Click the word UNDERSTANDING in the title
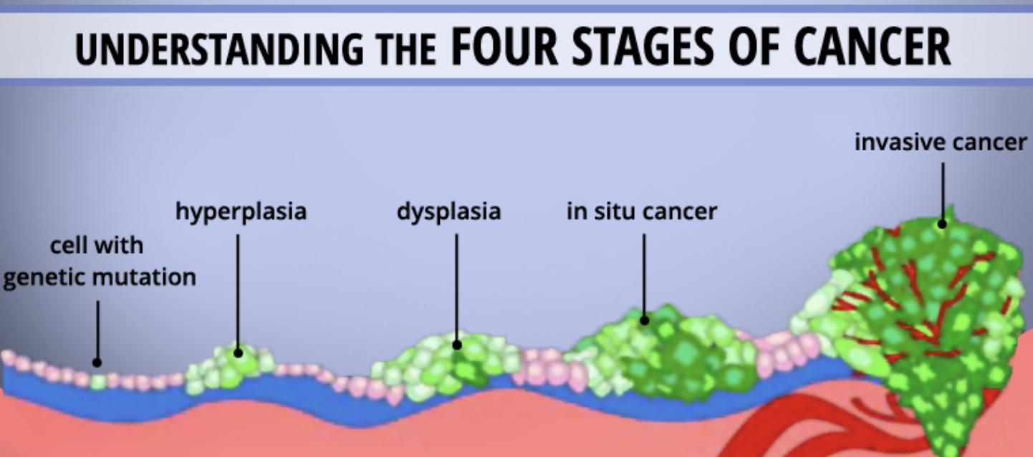click(219, 49)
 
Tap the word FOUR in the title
click(504, 47)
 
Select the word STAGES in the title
click(643, 47)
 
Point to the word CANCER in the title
click(873, 47)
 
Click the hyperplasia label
click(241, 212)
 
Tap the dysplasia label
click(448, 212)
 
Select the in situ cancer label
click(641, 211)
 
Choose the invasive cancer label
click(941, 142)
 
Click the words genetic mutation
click(100, 278)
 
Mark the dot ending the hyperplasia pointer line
click(238, 353)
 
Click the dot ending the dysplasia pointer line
click(457, 345)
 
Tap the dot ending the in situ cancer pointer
click(645, 320)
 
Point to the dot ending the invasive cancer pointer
click(942, 224)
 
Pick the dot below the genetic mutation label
click(97, 362)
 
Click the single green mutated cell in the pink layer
click(98, 382)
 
